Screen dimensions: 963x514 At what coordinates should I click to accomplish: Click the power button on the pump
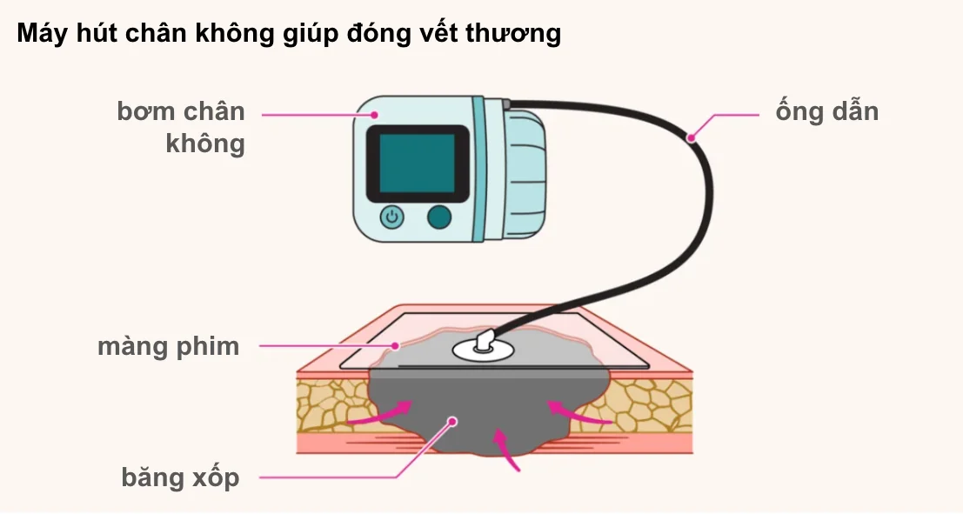click(391, 217)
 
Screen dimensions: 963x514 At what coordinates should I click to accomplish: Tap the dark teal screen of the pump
click(417, 164)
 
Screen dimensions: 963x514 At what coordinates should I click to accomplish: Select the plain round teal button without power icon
click(439, 217)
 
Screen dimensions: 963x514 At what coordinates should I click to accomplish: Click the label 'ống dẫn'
click(826, 112)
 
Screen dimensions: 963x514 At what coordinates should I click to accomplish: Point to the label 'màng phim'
click(168, 346)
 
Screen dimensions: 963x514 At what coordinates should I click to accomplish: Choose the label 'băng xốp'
click(180, 477)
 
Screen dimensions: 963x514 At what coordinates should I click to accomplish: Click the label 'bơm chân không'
click(181, 127)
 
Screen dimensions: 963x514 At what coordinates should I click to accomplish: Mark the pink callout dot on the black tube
click(692, 137)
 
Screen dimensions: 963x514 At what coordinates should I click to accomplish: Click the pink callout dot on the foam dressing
click(452, 422)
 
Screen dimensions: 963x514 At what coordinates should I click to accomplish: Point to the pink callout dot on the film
click(396, 346)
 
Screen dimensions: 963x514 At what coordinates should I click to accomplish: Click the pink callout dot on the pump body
click(375, 114)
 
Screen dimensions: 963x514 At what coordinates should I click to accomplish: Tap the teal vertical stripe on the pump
click(479, 169)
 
